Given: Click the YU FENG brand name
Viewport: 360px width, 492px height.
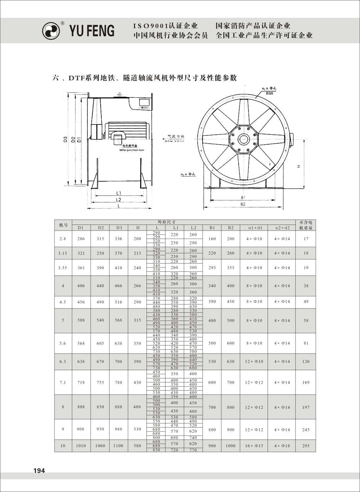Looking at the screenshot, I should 92,31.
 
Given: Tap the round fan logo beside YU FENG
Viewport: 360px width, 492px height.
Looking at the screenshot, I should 51,31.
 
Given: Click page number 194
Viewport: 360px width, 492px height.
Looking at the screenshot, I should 39,471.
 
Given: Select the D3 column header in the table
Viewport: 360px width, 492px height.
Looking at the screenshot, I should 119,228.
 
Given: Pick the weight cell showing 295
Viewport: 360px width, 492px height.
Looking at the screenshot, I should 306,446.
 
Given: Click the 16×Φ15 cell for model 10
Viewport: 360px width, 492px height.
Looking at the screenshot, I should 254,446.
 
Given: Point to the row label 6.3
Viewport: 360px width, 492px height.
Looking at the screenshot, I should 63,362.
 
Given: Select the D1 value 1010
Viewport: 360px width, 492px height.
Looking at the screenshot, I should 81,446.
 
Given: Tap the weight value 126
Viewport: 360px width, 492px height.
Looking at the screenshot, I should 306,362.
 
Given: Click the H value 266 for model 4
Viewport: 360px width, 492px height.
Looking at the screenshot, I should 137,286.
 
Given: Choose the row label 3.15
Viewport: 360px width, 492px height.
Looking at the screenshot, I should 63,253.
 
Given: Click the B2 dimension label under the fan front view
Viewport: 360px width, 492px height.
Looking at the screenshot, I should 243,204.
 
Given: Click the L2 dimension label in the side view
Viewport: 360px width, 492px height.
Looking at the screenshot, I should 118,200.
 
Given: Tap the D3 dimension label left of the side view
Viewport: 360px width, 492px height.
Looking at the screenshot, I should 65,139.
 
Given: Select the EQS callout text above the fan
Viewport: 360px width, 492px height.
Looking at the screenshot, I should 269,93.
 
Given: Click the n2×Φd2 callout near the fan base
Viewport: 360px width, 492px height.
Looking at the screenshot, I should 188,174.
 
